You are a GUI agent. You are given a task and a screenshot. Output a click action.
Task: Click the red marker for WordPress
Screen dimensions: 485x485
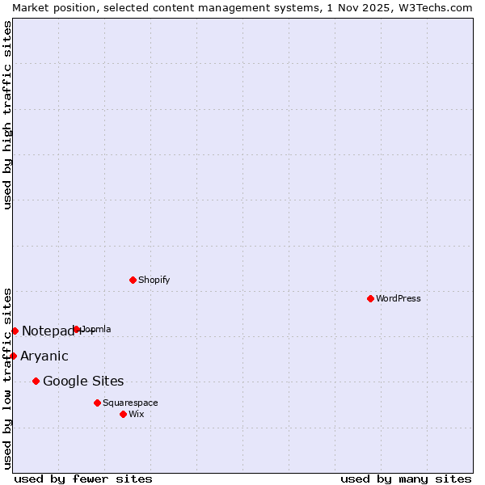click(370, 298)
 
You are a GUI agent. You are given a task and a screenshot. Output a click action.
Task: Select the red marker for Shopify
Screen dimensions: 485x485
click(133, 280)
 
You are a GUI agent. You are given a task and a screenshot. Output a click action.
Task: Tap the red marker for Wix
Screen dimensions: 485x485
click(123, 414)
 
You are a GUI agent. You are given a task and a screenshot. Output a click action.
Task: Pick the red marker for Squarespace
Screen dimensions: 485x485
click(97, 403)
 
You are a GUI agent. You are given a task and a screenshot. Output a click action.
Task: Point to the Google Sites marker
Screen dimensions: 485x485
click(36, 381)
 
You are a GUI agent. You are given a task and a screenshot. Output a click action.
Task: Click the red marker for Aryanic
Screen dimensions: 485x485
click(13, 356)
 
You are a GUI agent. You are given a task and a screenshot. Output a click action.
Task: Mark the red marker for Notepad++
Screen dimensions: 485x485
click(15, 331)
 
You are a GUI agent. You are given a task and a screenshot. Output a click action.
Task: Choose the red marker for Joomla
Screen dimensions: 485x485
click(77, 329)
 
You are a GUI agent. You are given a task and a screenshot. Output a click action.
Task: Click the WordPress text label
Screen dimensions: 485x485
click(399, 298)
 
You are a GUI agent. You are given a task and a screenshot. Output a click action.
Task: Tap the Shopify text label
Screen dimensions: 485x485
click(154, 280)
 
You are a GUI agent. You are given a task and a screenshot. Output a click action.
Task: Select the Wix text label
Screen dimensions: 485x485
click(137, 414)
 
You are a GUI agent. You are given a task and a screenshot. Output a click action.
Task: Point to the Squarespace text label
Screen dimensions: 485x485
click(131, 403)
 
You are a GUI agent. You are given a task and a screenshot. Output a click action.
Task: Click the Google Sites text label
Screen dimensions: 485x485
click(83, 381)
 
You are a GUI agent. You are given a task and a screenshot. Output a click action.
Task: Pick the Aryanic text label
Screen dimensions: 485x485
click(44, 356)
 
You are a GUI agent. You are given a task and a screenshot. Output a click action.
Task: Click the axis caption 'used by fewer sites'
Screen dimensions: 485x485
click(83, 479)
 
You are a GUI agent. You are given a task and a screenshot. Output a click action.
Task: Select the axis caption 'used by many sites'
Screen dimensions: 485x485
click(406, 479)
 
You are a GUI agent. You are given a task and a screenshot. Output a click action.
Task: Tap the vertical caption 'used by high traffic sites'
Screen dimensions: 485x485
click(7, 115)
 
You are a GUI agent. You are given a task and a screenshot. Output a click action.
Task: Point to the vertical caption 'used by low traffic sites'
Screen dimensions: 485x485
click(7, 378)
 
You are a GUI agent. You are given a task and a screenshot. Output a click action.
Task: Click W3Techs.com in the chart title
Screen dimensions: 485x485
click(432, 7)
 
